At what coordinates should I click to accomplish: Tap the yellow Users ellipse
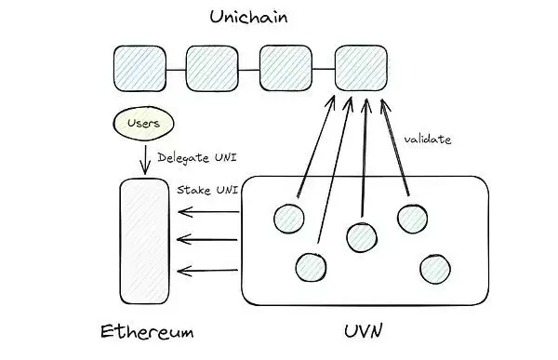click(x=144, y=123)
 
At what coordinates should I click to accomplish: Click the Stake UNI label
click(x=207, y=189)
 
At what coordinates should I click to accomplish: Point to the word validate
click(x=426, y=140)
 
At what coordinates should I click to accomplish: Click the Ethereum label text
click(x=146, y=332)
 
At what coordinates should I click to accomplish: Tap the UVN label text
click(x=363, y=332)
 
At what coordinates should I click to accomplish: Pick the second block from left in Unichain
click(x=212, y=68)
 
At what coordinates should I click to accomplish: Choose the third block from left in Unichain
click(x=285, y=68)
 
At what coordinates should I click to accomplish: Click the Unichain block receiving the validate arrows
click(x=361, y=68)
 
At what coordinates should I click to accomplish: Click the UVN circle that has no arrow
click(x=434, y=269)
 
